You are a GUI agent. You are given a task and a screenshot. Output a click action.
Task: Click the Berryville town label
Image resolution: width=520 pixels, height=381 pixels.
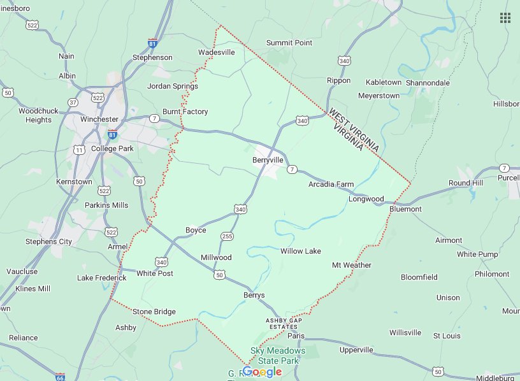[268, 160]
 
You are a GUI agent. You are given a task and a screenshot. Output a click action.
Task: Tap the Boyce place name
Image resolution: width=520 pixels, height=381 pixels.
[196, 230]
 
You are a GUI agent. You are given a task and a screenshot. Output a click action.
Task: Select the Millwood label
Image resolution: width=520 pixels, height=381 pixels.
[216, 257]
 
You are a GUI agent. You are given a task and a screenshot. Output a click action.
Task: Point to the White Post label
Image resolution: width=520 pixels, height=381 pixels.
[154, 273]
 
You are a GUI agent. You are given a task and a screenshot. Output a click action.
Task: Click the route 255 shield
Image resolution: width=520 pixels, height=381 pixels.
[226, 236]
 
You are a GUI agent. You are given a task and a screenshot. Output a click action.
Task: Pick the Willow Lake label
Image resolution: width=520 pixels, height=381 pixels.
[301, 251]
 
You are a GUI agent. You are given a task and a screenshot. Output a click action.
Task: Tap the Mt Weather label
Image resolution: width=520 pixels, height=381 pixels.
[351, 265]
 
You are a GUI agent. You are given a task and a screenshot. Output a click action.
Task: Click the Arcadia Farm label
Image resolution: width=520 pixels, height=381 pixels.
[331, 184]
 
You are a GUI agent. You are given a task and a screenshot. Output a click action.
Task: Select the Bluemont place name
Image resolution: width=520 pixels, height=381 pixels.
[405, 208]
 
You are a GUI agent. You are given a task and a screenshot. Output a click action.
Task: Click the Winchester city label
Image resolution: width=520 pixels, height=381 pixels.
[99, 119]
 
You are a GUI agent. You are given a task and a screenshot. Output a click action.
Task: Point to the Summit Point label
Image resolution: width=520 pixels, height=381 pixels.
[289, 43]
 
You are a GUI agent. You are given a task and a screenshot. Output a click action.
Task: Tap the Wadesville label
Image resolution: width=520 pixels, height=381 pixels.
[217, 52]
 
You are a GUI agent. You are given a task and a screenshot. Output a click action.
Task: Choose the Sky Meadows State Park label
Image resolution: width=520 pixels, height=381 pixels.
[277, 356]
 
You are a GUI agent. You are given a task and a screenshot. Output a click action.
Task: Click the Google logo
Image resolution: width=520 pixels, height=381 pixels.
[262, 372]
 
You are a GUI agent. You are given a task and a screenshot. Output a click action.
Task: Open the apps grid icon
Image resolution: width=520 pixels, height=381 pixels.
[505, 18]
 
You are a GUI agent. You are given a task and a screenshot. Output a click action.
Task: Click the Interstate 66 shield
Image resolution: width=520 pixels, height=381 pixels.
[60, 377]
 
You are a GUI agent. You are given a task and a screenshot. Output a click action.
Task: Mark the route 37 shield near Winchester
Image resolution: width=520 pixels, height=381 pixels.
[73, 103]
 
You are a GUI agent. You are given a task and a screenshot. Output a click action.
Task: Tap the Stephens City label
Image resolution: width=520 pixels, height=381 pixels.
[48, 241]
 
